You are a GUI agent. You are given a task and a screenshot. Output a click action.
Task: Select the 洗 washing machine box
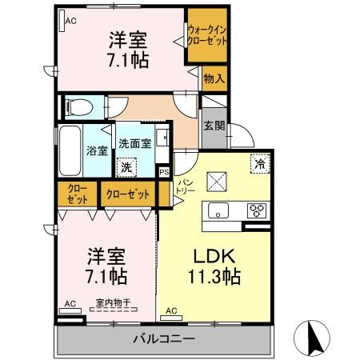coord(125,168)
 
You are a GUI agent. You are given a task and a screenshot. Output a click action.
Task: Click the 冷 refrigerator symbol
coord(260,162)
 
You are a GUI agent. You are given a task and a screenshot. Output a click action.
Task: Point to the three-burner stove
coord(257,210)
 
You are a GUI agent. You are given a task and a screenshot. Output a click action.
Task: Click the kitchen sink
coord(218,211)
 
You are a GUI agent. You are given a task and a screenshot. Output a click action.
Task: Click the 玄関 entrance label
coord(214,126)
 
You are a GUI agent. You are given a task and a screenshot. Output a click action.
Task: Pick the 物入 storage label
coord(213,79)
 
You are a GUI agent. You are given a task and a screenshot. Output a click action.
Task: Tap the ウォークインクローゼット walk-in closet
coord(206,36)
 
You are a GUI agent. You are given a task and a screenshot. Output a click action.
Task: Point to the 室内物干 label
coord(113,302)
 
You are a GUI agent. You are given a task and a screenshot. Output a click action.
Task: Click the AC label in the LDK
coord(172,310)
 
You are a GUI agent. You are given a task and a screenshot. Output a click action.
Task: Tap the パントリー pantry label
coord(186,190)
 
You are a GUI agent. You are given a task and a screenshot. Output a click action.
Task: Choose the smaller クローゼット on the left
coord(77,194)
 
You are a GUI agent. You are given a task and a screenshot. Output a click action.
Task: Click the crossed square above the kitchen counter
coord(218,182)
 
